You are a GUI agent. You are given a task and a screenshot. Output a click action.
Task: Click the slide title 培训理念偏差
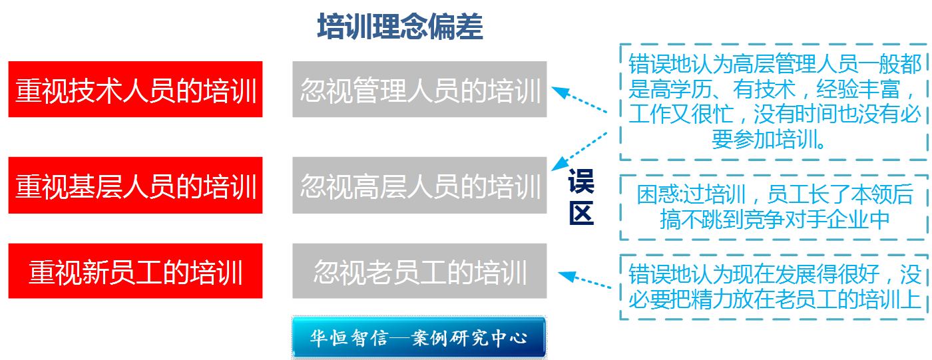click(399, 27)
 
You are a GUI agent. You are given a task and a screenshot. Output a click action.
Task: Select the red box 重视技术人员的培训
click(136, 90)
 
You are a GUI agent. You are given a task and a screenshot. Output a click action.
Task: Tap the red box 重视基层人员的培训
click(136, 185)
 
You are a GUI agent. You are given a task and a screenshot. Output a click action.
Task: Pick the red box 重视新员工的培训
click(136, 271)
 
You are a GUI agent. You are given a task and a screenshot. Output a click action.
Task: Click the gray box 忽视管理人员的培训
click(419, 90)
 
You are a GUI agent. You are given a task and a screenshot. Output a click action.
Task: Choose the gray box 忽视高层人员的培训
click(419, 185)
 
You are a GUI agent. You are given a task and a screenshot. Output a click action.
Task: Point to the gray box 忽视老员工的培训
click(419, 271)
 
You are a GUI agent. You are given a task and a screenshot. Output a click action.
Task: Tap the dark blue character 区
click(581, 213)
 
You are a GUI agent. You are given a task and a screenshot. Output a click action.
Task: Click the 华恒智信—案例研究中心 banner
click(419, 337)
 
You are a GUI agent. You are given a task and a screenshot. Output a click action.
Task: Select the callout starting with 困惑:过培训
click(774, 207)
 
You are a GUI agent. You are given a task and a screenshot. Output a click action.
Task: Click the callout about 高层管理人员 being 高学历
click(774, 101)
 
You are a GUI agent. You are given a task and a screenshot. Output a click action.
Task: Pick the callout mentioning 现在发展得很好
click(774, 286)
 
